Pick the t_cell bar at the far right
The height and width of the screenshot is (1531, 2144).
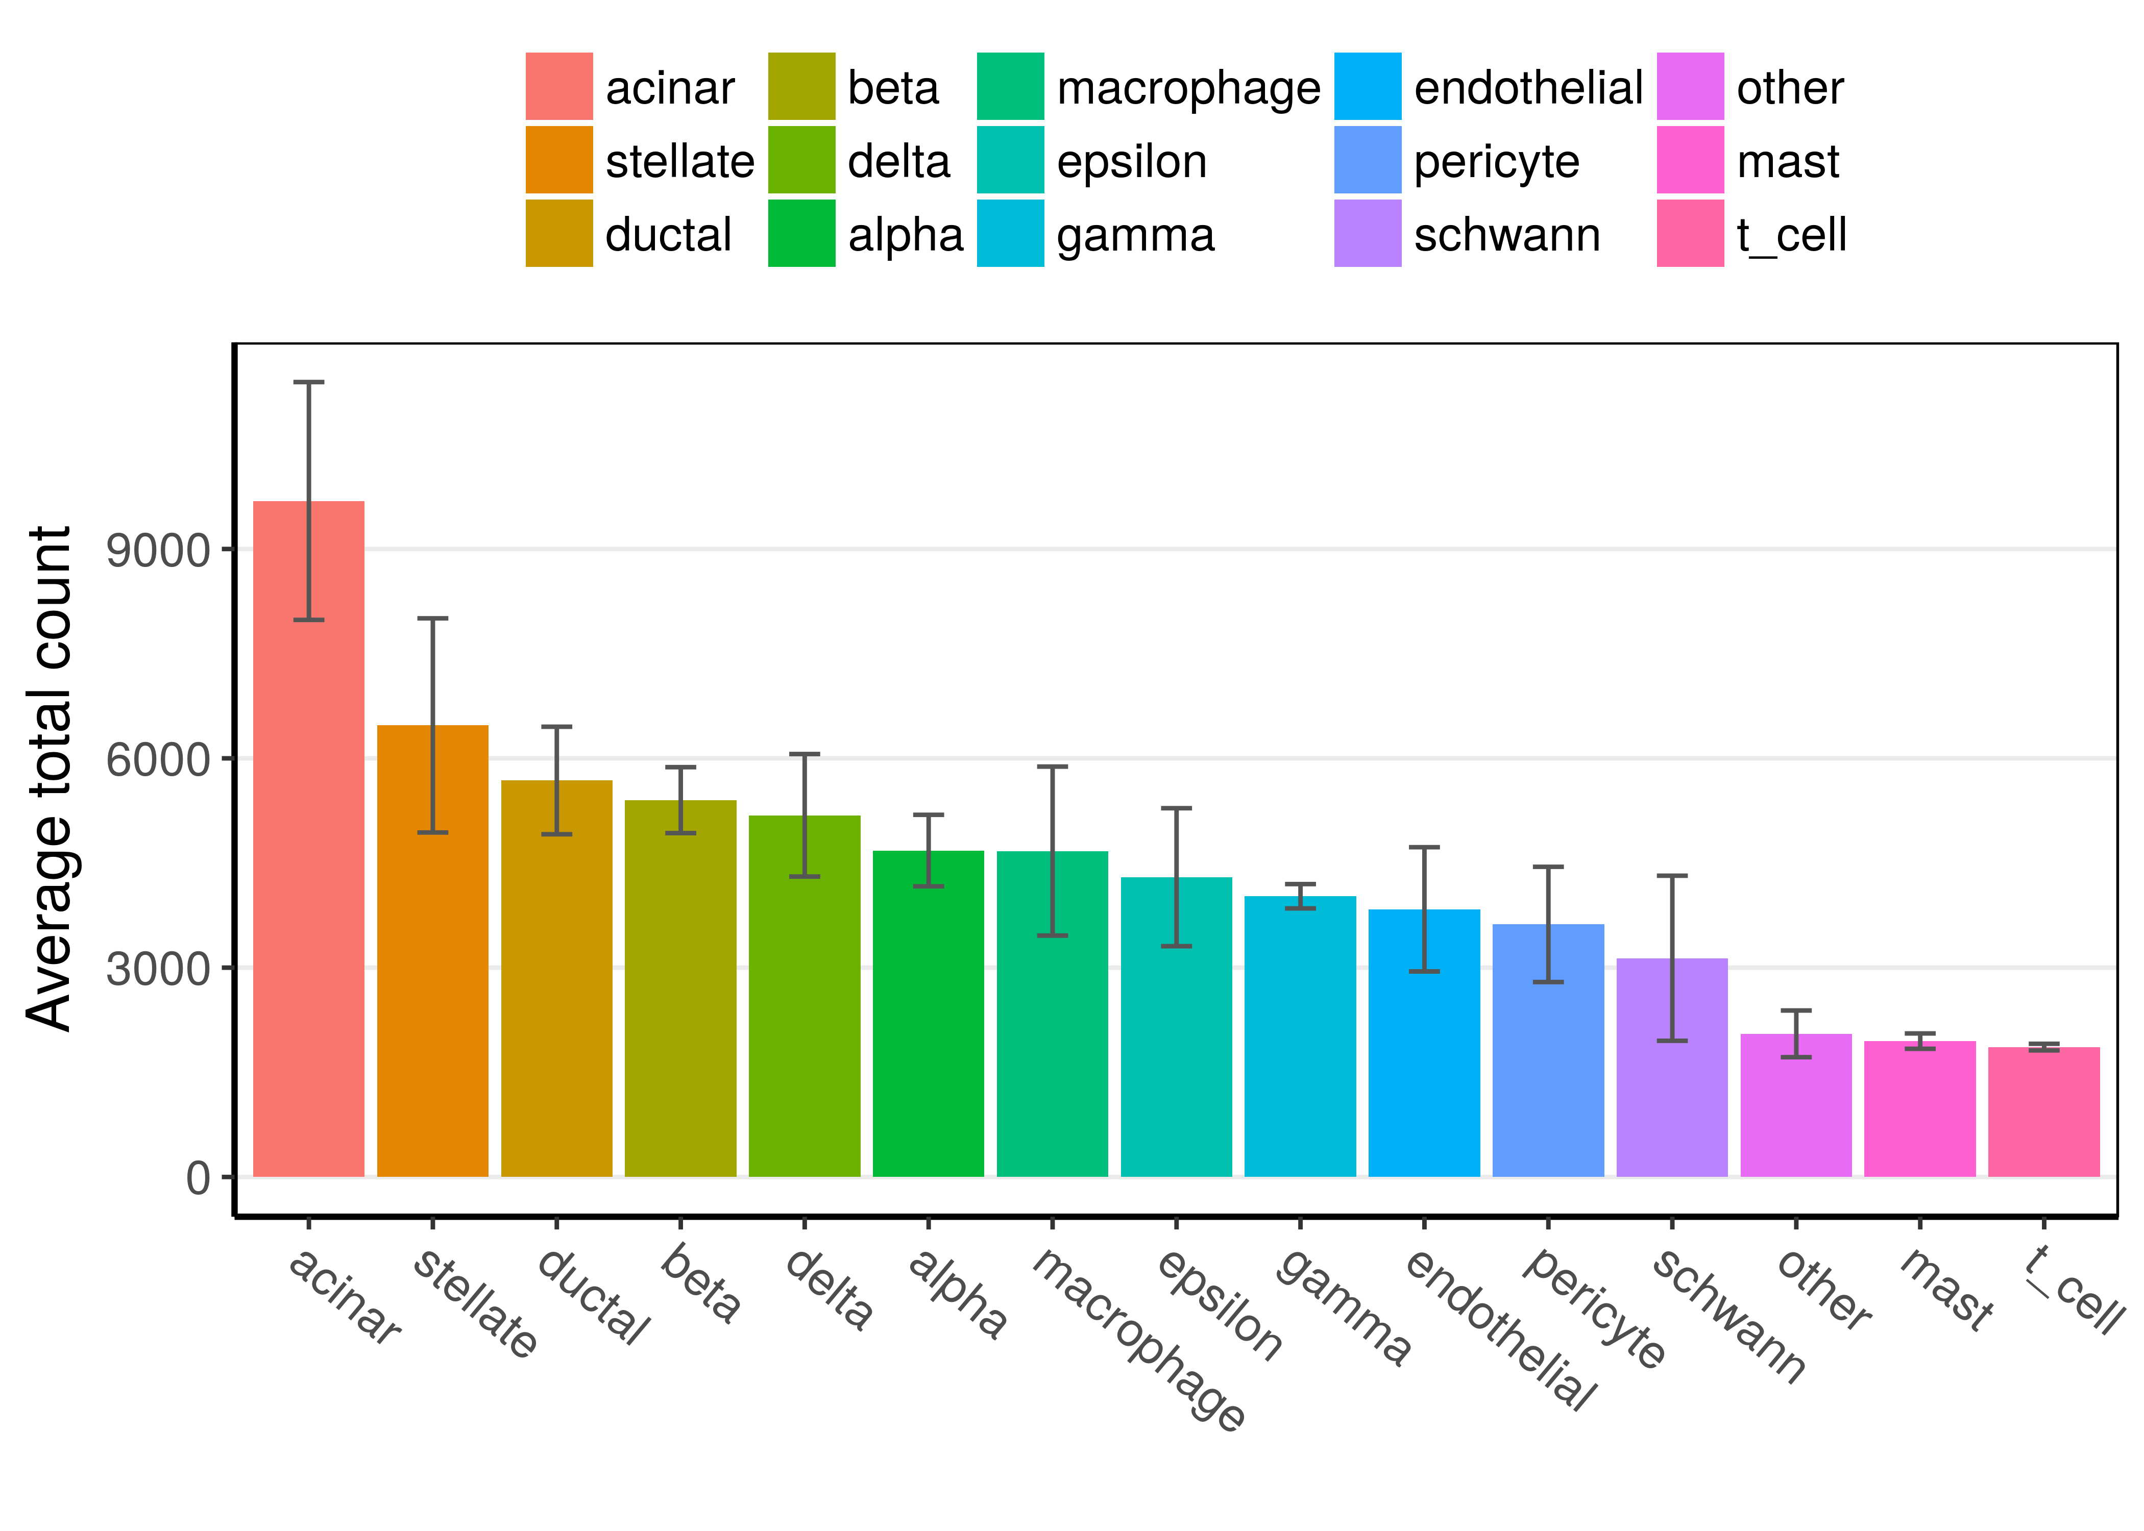point(2043,1113)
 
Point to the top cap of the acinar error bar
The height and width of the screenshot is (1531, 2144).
point(308,382)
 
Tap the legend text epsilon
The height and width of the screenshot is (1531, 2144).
point(1131,161)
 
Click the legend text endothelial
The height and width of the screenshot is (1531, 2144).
point(1527,88)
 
